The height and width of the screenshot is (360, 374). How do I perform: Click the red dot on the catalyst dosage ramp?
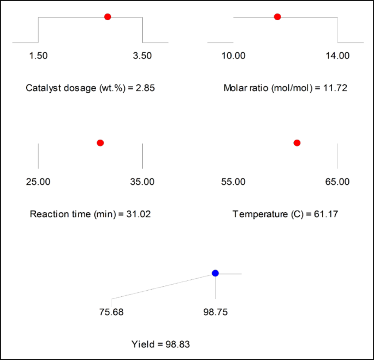108,17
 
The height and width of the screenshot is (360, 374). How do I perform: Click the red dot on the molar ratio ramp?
277,17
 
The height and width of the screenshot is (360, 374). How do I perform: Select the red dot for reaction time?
100,143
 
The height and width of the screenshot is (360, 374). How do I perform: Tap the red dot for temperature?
297,143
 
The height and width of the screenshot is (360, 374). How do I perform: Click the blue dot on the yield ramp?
215,273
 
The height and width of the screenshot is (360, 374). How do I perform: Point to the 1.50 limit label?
38,56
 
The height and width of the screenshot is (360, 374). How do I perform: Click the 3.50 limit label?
143,56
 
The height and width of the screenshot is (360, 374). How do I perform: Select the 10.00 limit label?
233,56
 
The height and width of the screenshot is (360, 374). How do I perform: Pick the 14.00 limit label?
337,56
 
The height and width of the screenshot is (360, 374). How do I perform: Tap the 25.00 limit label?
38,182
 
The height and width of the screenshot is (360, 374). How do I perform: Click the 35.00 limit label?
143,182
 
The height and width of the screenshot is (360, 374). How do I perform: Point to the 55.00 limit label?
233,182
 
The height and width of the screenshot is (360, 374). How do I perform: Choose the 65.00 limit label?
337,182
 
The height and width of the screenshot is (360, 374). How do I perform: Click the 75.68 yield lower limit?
111,313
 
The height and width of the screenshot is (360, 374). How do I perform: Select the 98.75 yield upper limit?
216,313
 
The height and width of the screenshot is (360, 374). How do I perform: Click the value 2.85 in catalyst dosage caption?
146,88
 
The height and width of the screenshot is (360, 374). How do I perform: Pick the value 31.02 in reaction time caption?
139,214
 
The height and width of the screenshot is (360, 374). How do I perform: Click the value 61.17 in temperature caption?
326,214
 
